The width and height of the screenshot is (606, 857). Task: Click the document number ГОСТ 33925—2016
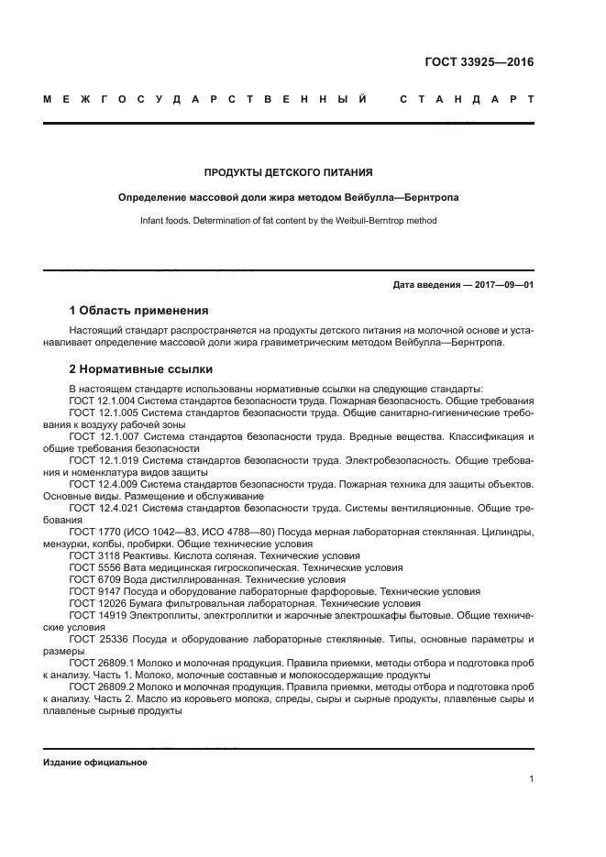[479, 62]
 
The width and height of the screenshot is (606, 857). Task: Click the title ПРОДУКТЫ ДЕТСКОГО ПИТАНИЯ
[288, 171]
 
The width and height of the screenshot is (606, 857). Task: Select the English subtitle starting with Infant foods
[288, 221]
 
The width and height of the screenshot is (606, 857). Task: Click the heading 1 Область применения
[138, 310]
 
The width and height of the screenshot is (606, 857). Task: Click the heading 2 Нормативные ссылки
[141, 369]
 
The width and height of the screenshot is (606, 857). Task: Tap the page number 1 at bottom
[531, 779]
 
